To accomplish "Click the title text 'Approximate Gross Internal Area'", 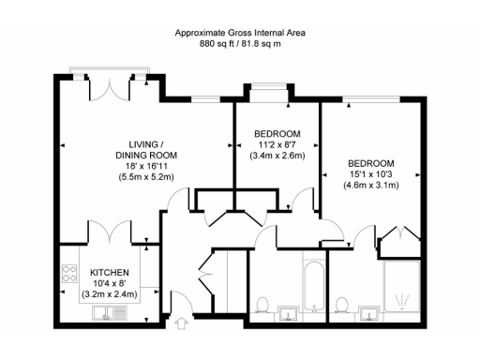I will (x=240, y=32).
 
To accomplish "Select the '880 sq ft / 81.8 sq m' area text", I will (x=240, y=43).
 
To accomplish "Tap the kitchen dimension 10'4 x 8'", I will (x=111, y=281).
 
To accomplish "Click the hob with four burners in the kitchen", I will (x=70, y=274).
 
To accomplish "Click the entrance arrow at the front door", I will (x=180, y=325).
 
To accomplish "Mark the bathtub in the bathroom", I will (x=313, y=282).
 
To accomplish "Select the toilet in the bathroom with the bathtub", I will (x=265, y=306).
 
